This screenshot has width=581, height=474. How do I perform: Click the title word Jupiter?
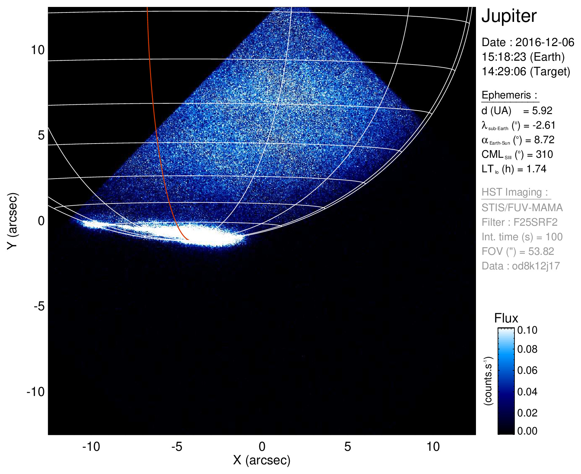tap(509, 16)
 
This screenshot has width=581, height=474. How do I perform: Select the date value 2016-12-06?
tap(545, 42)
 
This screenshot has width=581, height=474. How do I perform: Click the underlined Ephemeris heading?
tap(509, 95)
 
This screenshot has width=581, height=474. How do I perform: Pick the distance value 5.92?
tap(542, 111)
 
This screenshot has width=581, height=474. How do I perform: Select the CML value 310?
tap(544, 154)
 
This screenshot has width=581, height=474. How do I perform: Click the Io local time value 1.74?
tap(536, 169)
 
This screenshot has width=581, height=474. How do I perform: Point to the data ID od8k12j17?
tap(536, 266)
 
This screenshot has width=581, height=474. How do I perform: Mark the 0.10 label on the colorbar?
tap(527, 330)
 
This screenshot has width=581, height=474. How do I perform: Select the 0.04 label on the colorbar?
tap(527, 391)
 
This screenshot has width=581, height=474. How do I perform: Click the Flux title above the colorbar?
tap(506, 318)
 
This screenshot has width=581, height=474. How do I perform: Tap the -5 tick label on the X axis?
tap(176, 447)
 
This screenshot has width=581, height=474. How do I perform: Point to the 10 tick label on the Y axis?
tap(37, 50)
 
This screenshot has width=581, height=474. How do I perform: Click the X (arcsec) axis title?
tap(262, 460)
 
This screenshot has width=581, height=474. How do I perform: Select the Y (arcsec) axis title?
tap(12, 221)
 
